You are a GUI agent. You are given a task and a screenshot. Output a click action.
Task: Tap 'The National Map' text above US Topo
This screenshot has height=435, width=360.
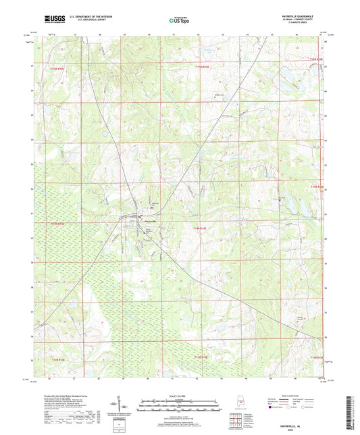[177, 16]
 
